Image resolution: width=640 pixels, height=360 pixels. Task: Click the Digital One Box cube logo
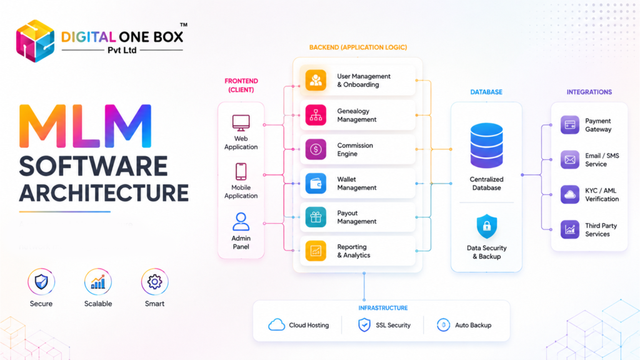click(x=35, y=41)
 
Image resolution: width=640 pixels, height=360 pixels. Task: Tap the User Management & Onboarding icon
click(x=316, y=80)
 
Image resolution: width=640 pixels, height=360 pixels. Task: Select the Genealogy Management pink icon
click(x=316, y=115)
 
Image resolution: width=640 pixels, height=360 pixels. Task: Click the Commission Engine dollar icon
click(x=316, y=149)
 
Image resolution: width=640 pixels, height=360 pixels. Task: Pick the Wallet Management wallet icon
click(x=316, y=183)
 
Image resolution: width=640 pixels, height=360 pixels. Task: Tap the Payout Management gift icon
click(x=316, y=217)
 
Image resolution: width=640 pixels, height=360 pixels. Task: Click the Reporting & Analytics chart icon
click(x=316, y=251)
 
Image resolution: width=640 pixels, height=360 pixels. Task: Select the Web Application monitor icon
click(x=241, y=123)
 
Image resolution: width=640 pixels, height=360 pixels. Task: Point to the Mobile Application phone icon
click(x=241, y=171)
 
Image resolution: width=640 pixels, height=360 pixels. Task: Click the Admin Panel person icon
click(x=241, y=222)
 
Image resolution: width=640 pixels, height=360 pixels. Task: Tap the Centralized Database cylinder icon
click(x=486, y=145)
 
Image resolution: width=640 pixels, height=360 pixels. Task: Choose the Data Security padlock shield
click(x=486, y=226)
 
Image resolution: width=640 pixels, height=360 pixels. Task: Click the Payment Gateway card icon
click(x=570, y=125)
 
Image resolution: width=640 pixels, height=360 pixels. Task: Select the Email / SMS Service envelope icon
click(x=570, y=159)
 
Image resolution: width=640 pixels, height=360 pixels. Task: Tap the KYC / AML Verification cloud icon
click(x=570, y=195)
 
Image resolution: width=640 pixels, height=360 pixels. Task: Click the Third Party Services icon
click(x=570, y=229)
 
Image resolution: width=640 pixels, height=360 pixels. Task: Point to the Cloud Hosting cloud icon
click(x=276, y=325)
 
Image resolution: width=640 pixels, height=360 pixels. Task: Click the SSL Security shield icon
click(x=364, y=325)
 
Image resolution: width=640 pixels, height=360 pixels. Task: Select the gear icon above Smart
click(x=155, y=282)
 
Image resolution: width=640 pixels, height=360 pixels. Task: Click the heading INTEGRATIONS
click(x=589, y=92)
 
